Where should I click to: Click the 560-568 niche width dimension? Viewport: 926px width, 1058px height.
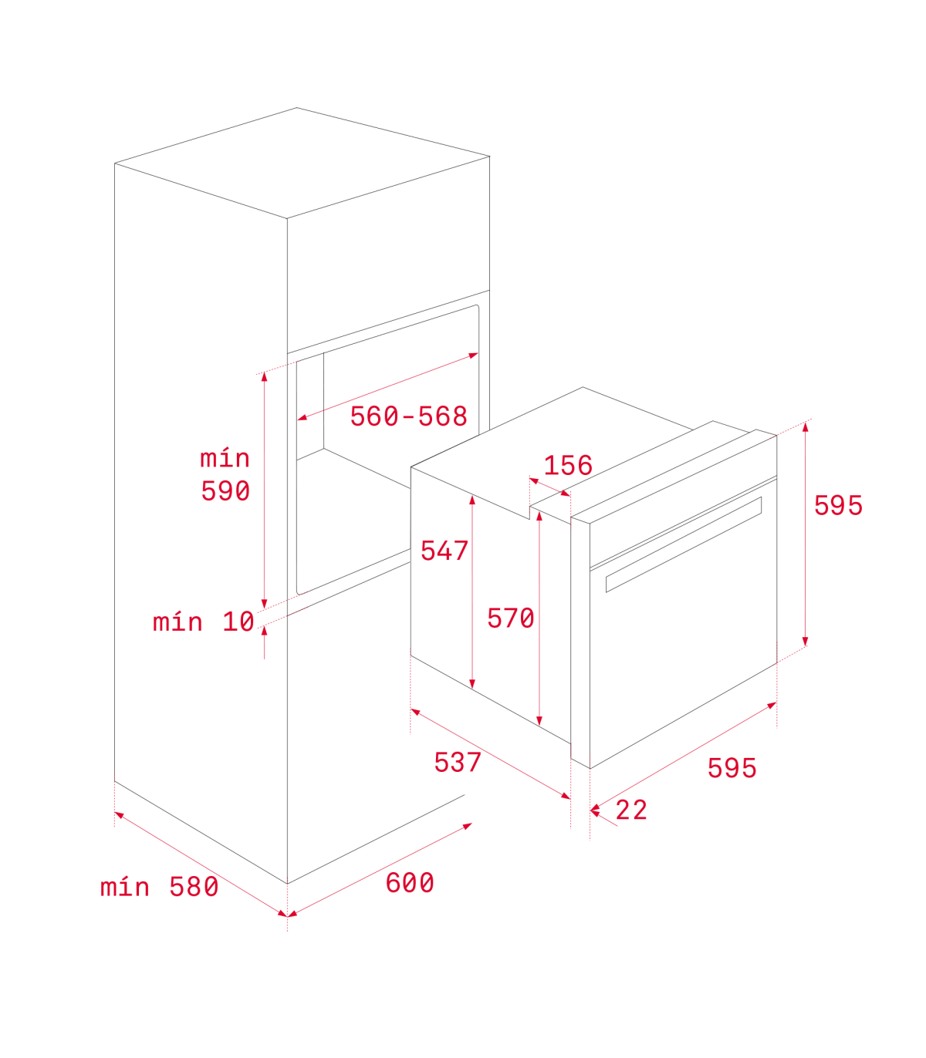pos(409,416)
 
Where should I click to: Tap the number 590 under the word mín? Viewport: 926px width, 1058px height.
pos(225,490)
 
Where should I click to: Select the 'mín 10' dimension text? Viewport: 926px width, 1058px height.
pos(203,622)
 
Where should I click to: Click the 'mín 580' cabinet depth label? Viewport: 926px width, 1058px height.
pos(159,887)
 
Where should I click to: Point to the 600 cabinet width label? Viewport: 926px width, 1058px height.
pos(410,883)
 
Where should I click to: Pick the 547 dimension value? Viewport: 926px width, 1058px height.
pos(444,551)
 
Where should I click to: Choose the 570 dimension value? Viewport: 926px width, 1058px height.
pos(511,618)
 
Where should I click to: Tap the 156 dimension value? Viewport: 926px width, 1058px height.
pos(568,465)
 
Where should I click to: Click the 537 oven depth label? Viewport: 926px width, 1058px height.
pos(458,762)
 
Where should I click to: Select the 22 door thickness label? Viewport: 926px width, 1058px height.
pos(631,810)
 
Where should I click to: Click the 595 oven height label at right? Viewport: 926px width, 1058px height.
pos(839,505)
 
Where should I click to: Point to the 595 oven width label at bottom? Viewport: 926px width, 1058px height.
pos(732,768)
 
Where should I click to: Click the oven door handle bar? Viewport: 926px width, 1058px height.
pos(684,544)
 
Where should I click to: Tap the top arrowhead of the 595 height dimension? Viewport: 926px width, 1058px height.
pos(805,426)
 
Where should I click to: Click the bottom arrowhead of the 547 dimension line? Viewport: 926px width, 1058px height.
pos(471,684)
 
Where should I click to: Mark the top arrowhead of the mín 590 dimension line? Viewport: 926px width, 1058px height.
pos(265,376)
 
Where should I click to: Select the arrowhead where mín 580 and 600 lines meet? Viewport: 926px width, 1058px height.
pos(288,915)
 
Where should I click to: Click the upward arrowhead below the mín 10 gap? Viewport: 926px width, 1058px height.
pos(265,631)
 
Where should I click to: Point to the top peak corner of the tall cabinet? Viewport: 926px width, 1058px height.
pos(296,107)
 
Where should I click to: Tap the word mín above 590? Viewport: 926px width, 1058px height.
pos(225,457)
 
